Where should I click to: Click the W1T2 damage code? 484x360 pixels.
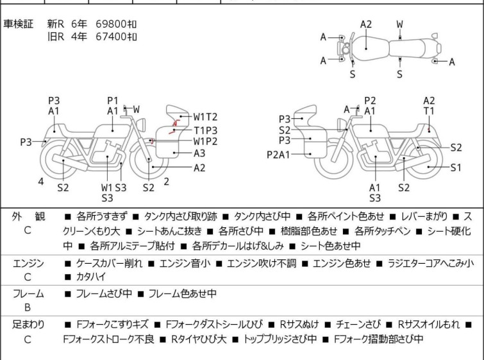(206, 117)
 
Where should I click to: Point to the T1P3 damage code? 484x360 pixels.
(206, 129)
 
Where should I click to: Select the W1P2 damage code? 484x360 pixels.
(206, 141)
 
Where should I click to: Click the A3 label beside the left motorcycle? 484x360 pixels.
(199, 153)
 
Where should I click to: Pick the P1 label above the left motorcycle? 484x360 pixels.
(113, 100)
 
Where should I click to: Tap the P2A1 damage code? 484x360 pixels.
(279, 154)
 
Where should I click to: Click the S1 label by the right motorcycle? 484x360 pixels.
(455, 167)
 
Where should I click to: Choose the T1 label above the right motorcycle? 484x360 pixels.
(429, 111)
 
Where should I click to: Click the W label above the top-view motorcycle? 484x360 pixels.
(399, 24)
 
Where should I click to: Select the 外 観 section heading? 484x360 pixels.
(28, 216)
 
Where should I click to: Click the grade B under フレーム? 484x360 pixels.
(28, 307)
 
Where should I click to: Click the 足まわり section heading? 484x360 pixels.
(28, 325)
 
